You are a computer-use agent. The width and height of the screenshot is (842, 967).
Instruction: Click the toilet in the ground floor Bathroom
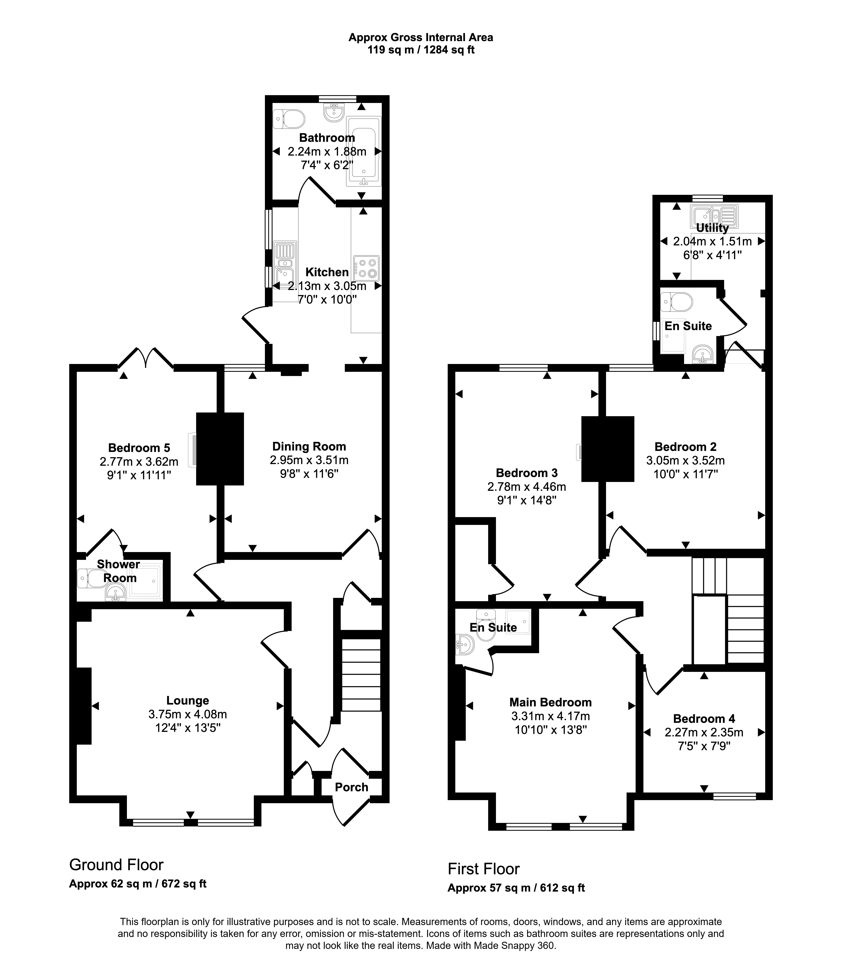(x=289, y=119)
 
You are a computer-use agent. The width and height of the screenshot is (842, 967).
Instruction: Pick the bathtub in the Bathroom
(x=363, y=151)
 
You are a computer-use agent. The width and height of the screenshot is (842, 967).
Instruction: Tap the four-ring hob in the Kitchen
(x=367, y=268)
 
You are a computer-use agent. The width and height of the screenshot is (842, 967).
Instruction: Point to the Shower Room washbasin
(x=115, y=593)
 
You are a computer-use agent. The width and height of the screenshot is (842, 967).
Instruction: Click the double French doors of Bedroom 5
(x=146, y=358)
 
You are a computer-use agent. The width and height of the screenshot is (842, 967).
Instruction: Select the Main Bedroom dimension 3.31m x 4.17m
(x=551, y=716)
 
